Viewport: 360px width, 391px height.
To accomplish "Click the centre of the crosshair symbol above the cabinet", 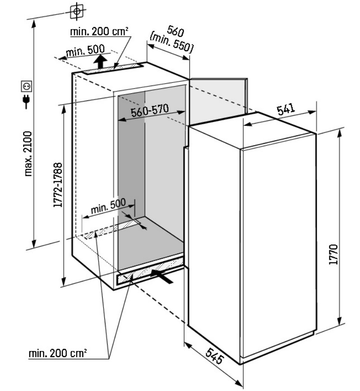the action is (x=77, y=11).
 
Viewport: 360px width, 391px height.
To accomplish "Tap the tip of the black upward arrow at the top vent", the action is (x=101, y=55).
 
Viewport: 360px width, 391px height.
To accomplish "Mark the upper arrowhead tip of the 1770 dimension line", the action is (x=340, y=129).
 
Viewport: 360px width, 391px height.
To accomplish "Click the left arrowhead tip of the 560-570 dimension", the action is (x=118, y=121).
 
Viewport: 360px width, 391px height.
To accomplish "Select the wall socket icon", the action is (x=26, y=86).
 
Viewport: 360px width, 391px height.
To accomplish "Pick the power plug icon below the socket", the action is (x=26, y=102).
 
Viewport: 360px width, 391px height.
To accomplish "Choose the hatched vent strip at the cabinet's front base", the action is (x=150, y=272).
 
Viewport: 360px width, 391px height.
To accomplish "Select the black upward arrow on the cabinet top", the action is (x=101, y=61).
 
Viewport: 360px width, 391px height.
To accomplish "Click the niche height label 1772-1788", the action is (x=58, y=185).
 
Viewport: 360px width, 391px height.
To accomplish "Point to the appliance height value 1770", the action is (x=333, y=254).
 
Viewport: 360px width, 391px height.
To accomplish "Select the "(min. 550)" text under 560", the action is (x=171, y=43).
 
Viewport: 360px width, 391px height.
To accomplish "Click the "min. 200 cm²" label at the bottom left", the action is (x=58, y=353).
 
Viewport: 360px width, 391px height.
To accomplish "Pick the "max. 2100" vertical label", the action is (x=28, y=154).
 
